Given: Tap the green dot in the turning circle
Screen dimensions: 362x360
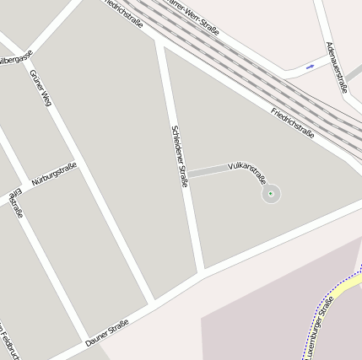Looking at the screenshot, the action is point(271,194).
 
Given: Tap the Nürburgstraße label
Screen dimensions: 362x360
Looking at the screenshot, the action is point(54,175).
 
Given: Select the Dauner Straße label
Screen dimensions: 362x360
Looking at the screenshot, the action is point(106,333).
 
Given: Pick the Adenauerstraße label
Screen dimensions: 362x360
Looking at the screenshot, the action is point(337,66).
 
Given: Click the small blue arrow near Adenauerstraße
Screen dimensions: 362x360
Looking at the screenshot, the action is point(311,65).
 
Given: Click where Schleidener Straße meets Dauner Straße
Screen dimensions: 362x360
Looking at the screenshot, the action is point(202,272).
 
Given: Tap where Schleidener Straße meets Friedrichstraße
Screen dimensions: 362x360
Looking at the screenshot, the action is point(159,40).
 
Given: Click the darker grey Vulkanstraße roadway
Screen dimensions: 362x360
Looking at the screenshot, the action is point(206,171).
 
